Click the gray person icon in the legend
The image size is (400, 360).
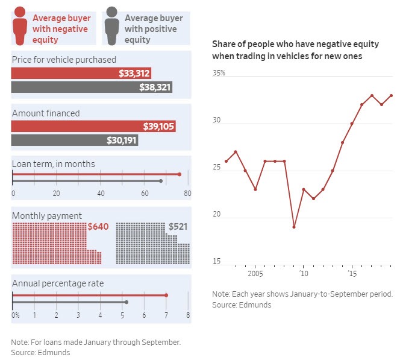[111, 25]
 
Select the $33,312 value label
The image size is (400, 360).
[134, 73]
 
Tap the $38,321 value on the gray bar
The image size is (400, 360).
[155, 87]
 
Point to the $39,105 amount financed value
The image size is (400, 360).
[159, 126]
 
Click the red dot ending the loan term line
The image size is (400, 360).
[180, 174]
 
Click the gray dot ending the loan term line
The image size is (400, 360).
[161, 181]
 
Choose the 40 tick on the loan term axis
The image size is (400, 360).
[100, 194]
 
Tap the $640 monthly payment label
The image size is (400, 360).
[98, 227]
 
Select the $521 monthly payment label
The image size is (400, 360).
[179, 227]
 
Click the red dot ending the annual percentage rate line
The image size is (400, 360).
[166, 295]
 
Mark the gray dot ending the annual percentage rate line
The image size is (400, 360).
[126, 302]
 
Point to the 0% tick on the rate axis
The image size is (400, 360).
[15, 315]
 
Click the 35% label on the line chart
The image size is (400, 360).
[218, 73]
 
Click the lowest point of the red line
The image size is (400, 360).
[294, 227]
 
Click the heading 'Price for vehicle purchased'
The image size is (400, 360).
[64, 60]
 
